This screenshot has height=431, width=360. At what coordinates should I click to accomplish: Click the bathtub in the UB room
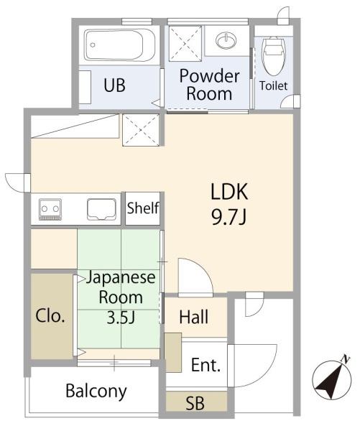point(119,45)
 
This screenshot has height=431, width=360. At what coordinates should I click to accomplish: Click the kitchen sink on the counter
point(101,209)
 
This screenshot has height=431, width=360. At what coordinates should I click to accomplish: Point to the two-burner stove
point(50,209)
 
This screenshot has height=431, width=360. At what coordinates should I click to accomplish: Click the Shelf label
point(143,208)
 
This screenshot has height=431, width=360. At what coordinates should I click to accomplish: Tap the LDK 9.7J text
point(229,204)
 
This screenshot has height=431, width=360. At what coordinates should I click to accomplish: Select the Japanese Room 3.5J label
point(121,297)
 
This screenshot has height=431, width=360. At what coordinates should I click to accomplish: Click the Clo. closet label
point(50,316)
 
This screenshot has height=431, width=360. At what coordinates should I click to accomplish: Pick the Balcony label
point(96,391)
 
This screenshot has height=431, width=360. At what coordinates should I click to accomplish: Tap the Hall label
point(193,317)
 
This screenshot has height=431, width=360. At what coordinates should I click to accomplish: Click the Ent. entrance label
point(206,365)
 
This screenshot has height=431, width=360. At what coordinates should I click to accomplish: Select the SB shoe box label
point(195,403)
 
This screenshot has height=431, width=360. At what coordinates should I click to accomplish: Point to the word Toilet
point(273,85)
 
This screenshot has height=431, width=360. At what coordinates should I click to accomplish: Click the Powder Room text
point(209,85)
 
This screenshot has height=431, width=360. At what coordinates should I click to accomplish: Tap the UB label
point(115,85)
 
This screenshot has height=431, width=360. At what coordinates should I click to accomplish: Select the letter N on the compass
point(346,358)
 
